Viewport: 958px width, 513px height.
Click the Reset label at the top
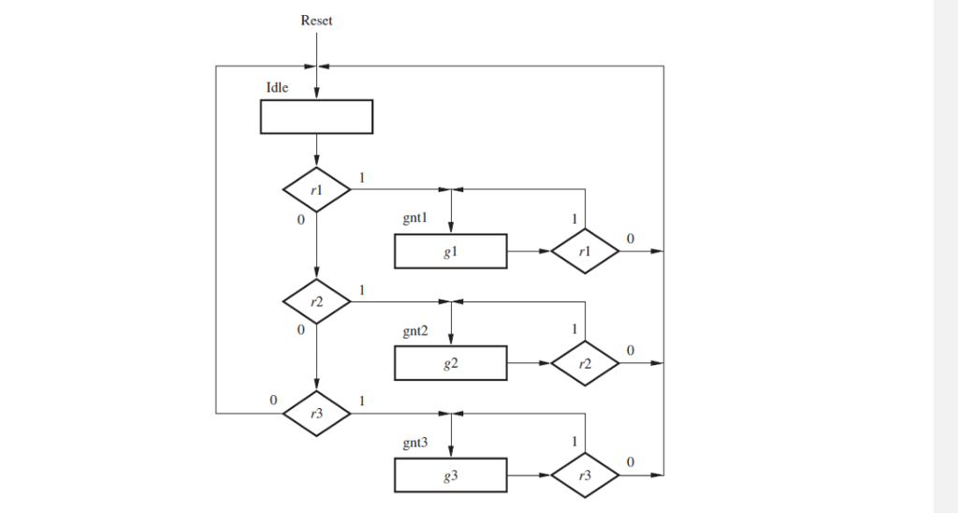tap(316, 21)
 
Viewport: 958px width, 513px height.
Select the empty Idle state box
tap(316, 117)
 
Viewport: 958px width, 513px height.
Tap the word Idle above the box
tap(278, 88)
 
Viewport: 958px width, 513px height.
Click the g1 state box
tap(451, 252)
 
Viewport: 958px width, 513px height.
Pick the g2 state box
tap(451, 363)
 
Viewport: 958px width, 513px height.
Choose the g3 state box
tap(451, 476)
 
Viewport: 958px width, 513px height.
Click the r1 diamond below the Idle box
tap(316, 191)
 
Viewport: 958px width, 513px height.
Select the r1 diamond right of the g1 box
tap(585, 252)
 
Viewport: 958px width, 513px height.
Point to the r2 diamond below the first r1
tap(316, 301)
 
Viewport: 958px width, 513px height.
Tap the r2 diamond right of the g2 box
tap(585, 363)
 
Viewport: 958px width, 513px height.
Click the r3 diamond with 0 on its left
tap(316, 413)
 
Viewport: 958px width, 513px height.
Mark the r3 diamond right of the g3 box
tap(585, 476)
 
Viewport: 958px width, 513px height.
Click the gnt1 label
tap(415, 219)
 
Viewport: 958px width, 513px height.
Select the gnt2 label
tap(415, 331)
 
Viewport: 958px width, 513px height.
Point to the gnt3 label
tap(415, 443)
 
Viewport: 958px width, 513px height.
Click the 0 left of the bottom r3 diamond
tap(273, 400)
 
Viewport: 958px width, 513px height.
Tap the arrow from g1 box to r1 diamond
tap(529, 252)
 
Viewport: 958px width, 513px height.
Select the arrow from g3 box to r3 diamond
tap(529, 476)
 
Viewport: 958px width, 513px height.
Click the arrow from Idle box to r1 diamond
tap(316, 150)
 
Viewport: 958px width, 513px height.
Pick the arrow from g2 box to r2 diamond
tap(529, 363)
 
